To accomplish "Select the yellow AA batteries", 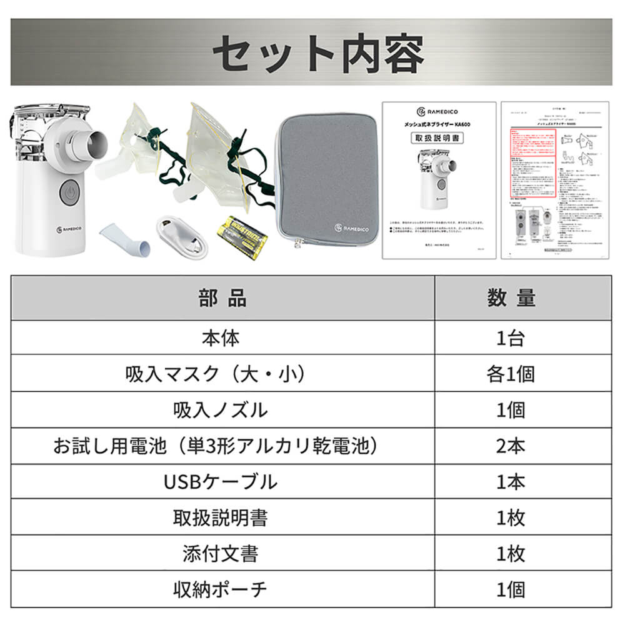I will tap(241, 236).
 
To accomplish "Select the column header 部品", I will tap(222, 298).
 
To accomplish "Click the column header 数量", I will tap(511, 298).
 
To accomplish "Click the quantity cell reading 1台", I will tap(511, 339).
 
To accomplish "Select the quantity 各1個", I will tap(511, 374).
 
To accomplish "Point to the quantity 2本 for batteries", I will tap(511, 446).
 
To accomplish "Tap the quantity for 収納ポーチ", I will tap(511, 589).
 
